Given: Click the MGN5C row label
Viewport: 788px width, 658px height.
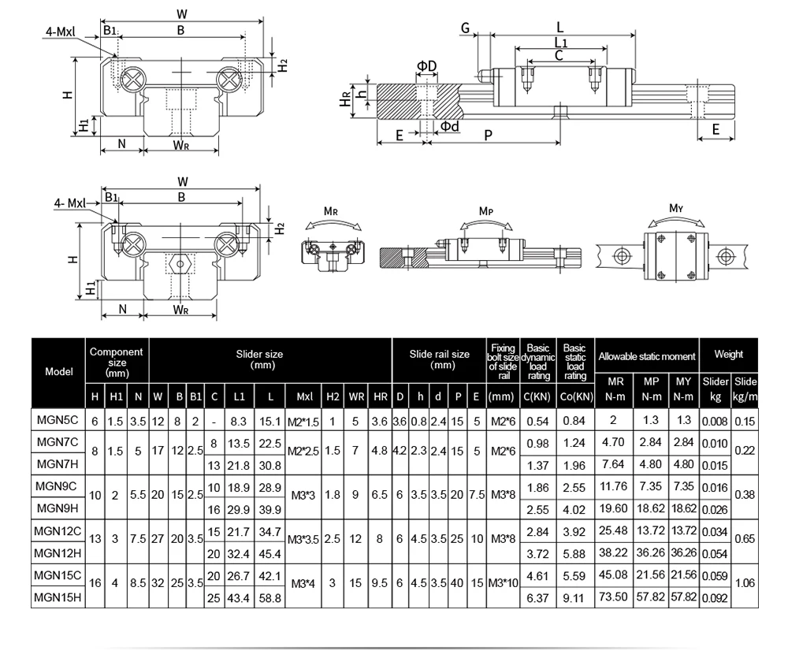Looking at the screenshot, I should pyautogui.click(x=58, y=422).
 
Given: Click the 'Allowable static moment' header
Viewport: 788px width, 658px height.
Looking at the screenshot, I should pyautogui.click(x=646, y=356).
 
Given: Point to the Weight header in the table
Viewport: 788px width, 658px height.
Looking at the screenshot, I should pyautogui.click(x=729, y=355).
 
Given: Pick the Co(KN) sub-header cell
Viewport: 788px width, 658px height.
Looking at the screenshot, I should pyautogui.click(x=575, y=396).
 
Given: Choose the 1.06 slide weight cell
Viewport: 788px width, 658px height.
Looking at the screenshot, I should pyautogui.click(x=745, y=584).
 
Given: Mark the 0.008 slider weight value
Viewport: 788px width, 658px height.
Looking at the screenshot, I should pyautogui.click(x=716, y=422).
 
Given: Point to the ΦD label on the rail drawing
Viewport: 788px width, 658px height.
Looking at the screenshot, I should pyautogui.click(x=427, y=65).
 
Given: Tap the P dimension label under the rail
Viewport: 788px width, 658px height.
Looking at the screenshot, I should pyautogui.click(x=488, y=136).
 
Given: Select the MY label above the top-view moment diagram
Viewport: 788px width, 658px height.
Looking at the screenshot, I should pyautogui.click(x=675, y=208).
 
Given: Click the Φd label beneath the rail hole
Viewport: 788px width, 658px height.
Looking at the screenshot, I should pyautogui.click(x=450, y=126).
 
